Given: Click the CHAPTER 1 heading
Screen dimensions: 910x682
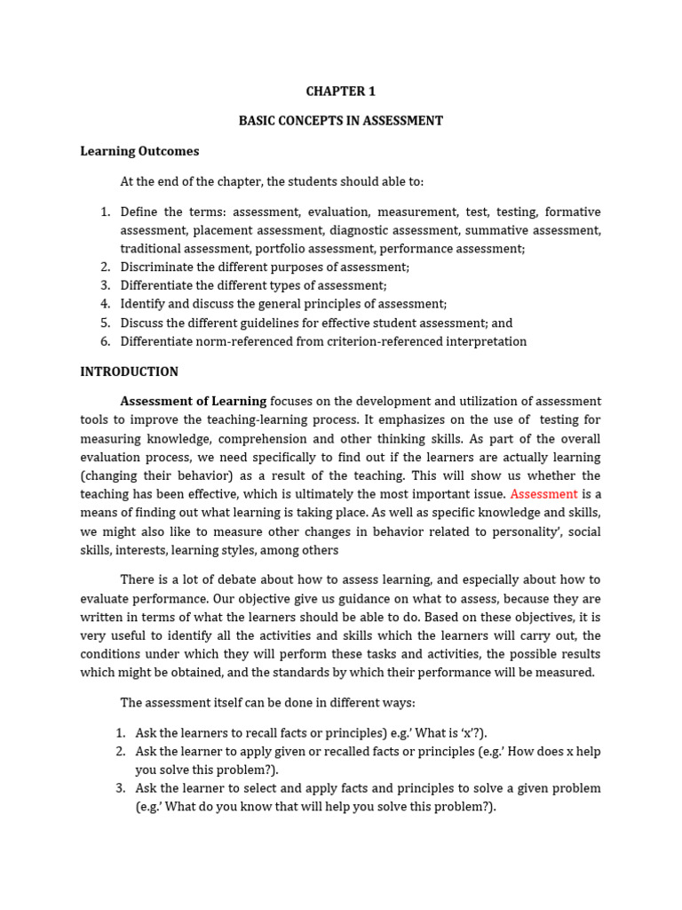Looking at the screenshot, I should click(x=340, y=92).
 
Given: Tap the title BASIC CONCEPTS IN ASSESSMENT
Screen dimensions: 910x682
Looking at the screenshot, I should click(x=340, y=121).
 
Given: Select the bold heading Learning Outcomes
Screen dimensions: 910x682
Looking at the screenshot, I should click(x=139, y=151).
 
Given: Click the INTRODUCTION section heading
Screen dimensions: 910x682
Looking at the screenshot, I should click(x=129, y=371).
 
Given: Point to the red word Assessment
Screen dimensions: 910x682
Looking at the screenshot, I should click(x=543, y=494).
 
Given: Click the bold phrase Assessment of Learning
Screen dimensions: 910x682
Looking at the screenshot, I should click(x=193, y=402).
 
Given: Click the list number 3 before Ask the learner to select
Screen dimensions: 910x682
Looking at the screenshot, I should click(x=120, y=788).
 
